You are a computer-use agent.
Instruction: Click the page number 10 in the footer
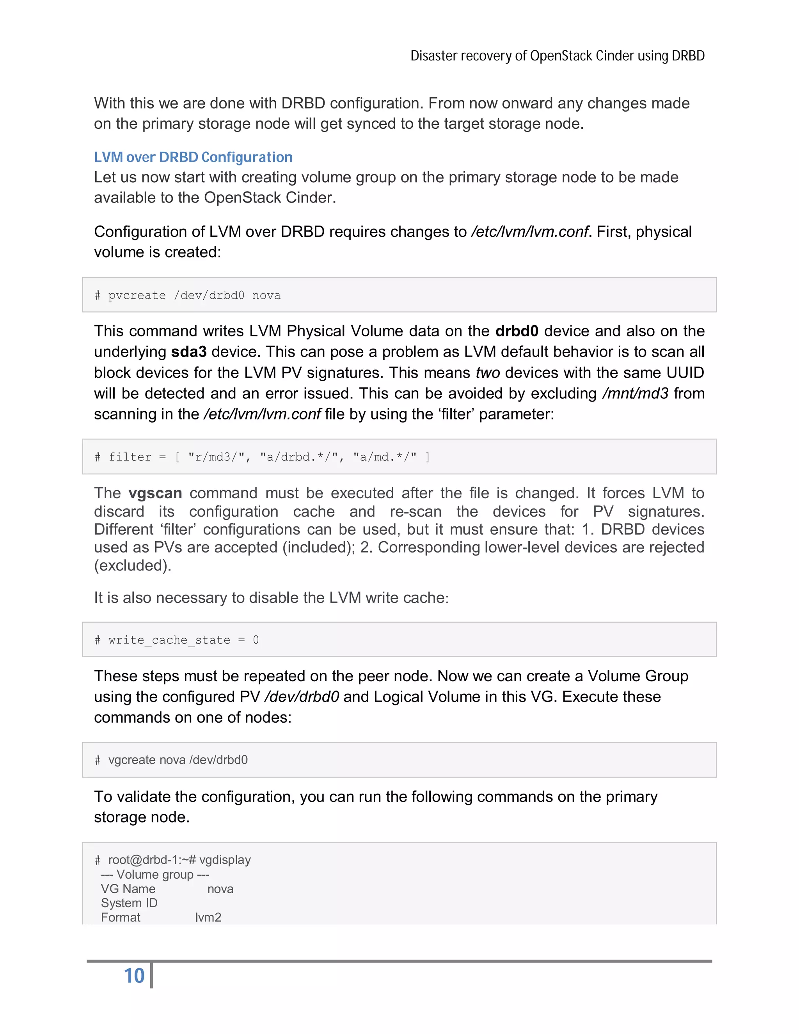[x=134, y=976]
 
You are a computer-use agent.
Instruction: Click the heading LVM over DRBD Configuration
[x=193, y=157]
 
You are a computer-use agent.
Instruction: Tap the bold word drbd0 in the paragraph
[x=517, y=331]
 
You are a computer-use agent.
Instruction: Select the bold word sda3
[x=189, y=352]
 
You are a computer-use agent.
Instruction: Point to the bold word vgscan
[x=155, y=493]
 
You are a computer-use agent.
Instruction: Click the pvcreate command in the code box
[x=137, y=295]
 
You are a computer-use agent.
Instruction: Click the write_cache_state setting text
[x=169, y=640]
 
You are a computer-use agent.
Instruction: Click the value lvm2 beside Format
[x=208, y=918]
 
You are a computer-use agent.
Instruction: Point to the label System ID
[x=129, y=903]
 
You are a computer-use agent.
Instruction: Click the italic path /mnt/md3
[x=635, y=393]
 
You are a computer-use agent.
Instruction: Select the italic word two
[x=488, y=373]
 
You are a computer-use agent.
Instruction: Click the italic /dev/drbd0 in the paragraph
[x=302, y=697]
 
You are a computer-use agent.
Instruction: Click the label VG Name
[x=128, y=889]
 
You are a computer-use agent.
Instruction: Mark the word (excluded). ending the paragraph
[x=133, y=565]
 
